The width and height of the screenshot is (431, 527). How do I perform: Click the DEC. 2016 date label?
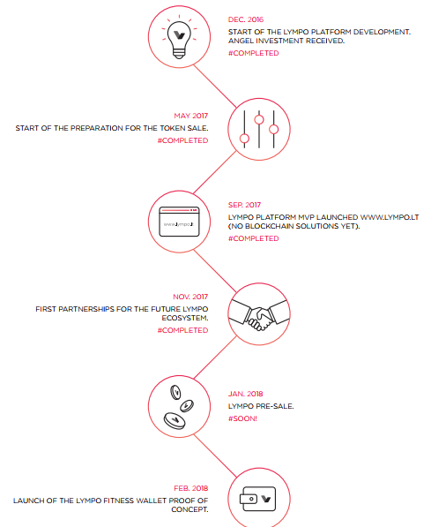click(246, 19)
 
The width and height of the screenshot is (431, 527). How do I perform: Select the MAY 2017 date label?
click(191, 116)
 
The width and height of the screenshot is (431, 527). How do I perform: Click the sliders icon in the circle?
click(259, 130)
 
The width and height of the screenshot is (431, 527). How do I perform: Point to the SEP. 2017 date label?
click(244, 205)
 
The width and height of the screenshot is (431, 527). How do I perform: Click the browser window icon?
click(179, 222)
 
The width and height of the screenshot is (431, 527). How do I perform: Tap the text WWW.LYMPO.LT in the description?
click(390, 217)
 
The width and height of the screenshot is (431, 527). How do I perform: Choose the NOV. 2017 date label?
click(190, 297)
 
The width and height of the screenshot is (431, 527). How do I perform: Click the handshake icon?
click(259, 314)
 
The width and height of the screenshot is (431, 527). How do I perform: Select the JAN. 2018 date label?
click(245, 394)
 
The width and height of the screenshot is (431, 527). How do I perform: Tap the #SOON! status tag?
click(242, 418)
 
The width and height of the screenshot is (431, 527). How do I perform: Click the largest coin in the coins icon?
click(175, 421)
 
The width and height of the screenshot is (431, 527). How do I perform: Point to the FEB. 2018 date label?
click(191, 488)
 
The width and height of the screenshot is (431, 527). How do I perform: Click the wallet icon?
click(257, 499)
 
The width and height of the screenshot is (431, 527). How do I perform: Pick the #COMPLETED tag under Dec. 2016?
click(254, 54)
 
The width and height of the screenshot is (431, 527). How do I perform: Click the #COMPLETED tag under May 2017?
click(183, 140)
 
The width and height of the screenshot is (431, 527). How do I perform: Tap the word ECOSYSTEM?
click(185, 318)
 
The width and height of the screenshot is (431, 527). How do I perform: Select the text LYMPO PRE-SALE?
click(261, 406)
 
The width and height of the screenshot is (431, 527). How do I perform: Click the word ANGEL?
click(241, 41)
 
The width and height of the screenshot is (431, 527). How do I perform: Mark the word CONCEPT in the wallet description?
click(189, 510)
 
